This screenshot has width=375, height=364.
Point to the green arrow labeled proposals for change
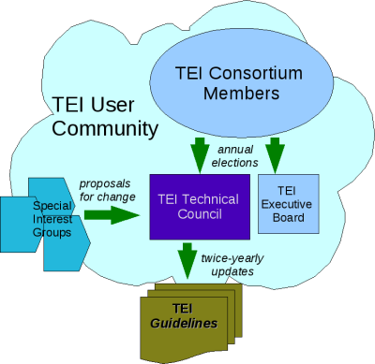(111, 216)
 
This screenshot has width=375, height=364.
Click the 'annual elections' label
(236, 156)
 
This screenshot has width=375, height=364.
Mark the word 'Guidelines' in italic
(186, 323)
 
